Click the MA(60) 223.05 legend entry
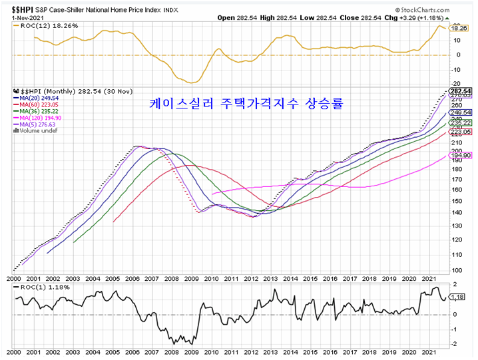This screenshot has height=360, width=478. [41, 105]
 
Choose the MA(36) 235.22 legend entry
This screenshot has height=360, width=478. [41, 111]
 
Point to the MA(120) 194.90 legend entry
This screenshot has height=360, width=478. [43, 118]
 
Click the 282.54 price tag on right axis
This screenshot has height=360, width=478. [461, 91]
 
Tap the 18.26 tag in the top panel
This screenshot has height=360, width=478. [459, 29]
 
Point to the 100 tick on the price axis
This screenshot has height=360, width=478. [456, 270]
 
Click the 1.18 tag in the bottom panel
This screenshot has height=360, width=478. [457, 296]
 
